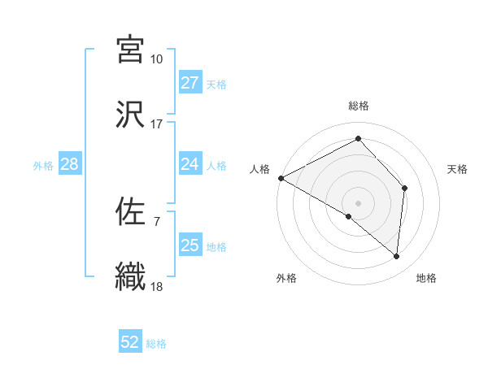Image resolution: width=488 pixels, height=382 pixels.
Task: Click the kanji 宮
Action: pos(130,50)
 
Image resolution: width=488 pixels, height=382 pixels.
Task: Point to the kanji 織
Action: pos(130,275)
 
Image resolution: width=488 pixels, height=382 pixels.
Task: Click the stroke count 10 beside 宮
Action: pos(157,59)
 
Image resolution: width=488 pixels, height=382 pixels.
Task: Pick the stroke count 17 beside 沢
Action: pos(157,124)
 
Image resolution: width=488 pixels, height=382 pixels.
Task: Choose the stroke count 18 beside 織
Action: pos(157,285)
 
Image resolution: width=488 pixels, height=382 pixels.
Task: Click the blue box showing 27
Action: pos(190,83)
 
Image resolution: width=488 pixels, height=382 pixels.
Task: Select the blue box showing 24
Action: pos(190,164)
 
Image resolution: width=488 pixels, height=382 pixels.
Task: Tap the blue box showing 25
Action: pos(190,245)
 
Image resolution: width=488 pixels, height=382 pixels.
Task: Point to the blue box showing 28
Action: pos(69,164)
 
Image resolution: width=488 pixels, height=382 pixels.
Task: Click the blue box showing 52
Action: pos(130,342)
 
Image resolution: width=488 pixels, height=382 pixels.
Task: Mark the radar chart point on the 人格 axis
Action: pos(281,178)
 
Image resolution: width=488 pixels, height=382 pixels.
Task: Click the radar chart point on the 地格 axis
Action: pos(396,256)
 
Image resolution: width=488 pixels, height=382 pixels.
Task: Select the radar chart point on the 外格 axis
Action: pos(349,216)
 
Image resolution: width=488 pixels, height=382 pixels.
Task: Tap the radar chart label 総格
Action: pos(359,106)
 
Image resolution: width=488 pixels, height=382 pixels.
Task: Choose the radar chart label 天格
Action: pos(458,169)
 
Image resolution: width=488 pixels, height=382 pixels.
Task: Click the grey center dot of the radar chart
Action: pos(359,202)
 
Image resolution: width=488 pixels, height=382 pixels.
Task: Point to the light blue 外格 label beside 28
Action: pos(43,166)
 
